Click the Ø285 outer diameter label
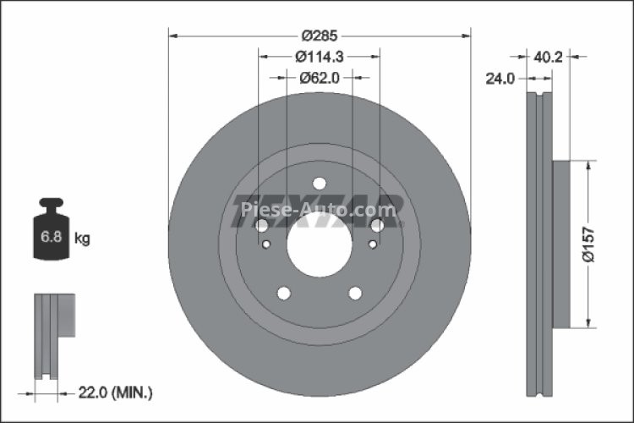click(x=320, y=36)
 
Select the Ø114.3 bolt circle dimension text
click(x=319, y=57)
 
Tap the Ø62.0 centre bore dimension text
click(x=320, y=77)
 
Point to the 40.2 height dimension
click(x=549, y=57)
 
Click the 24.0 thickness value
click(x=500, y=78)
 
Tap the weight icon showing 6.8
click(x=51, y=233)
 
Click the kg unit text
click(x=82, y=239)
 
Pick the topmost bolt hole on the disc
click(x=320, y=184)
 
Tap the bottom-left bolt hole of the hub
click(x=285, y=293)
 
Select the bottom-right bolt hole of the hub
click(x=355, y=293)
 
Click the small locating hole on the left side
click(x=266, y=245)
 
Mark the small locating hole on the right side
click(x=373, y=245)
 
